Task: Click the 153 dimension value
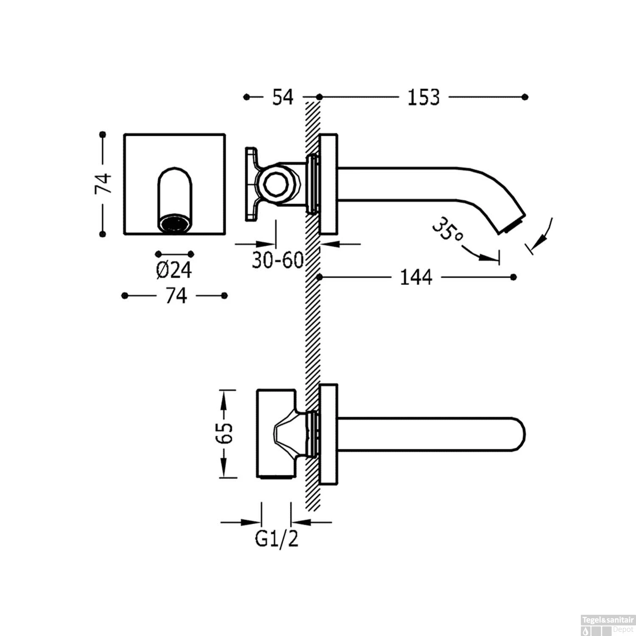click(x=424, y=98)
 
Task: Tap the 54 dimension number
click(x=282, y=97)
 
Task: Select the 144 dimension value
click(x=416, y=277)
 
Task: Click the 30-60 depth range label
click(x=278, y=259)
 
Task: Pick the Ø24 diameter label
click(x=174, y=270)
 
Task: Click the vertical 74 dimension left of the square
click(x=103, y=184)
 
